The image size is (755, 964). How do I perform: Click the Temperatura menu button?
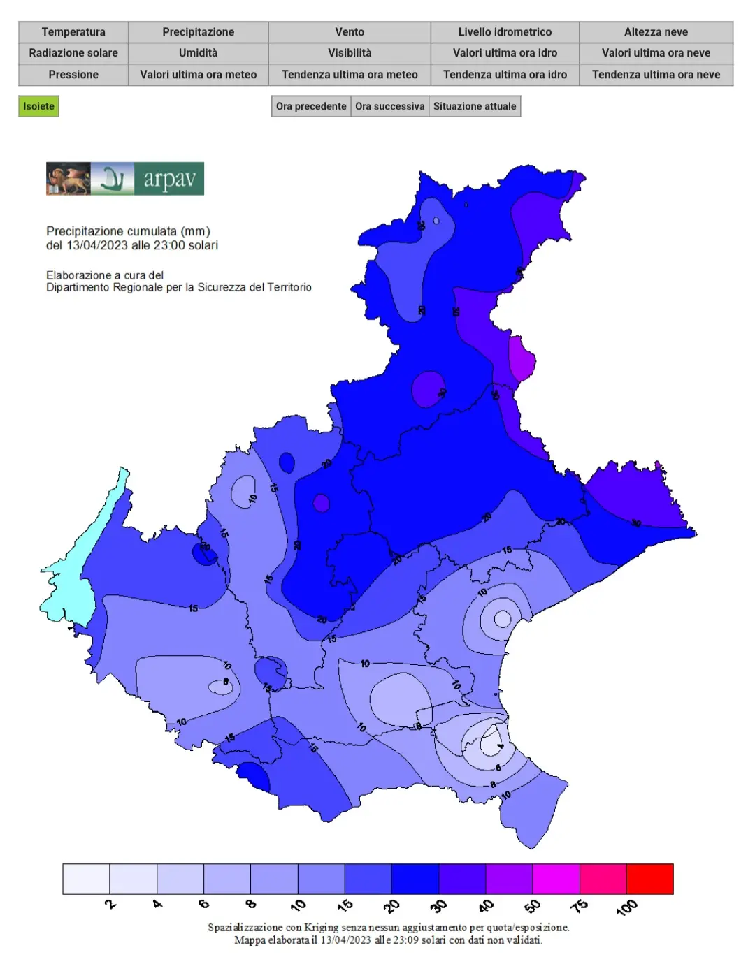click(x=73, y=32)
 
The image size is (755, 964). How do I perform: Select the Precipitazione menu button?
click(x=199, y=32)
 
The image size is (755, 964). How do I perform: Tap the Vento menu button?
click(x=350, y=32)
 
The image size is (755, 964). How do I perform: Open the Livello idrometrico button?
click(x=505, y=32)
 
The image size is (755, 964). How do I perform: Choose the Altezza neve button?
click(x=656, y=32)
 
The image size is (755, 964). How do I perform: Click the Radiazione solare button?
click(x=73, y=53)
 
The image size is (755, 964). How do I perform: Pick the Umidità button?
click(x=199, y=53)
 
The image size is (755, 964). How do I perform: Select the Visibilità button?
click(x=350, y=53)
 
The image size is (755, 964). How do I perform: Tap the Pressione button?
click(x=73, y=75)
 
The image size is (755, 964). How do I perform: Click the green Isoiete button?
click(x=38, y=106)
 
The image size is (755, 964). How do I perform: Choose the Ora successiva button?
click(x=389, y=106)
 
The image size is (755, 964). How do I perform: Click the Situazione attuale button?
click(x=475, y=106)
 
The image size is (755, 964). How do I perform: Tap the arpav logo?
click(x=125, y=179)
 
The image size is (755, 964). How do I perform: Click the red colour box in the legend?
click(x=649, y=879)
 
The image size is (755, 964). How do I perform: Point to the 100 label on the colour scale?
click(x=626, y=907)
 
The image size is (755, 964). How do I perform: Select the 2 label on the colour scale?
click(x=110, y=904)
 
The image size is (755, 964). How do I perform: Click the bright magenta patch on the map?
click(x=522, y=358)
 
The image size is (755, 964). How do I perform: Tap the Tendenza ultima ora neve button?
click(x=656, y=75)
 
